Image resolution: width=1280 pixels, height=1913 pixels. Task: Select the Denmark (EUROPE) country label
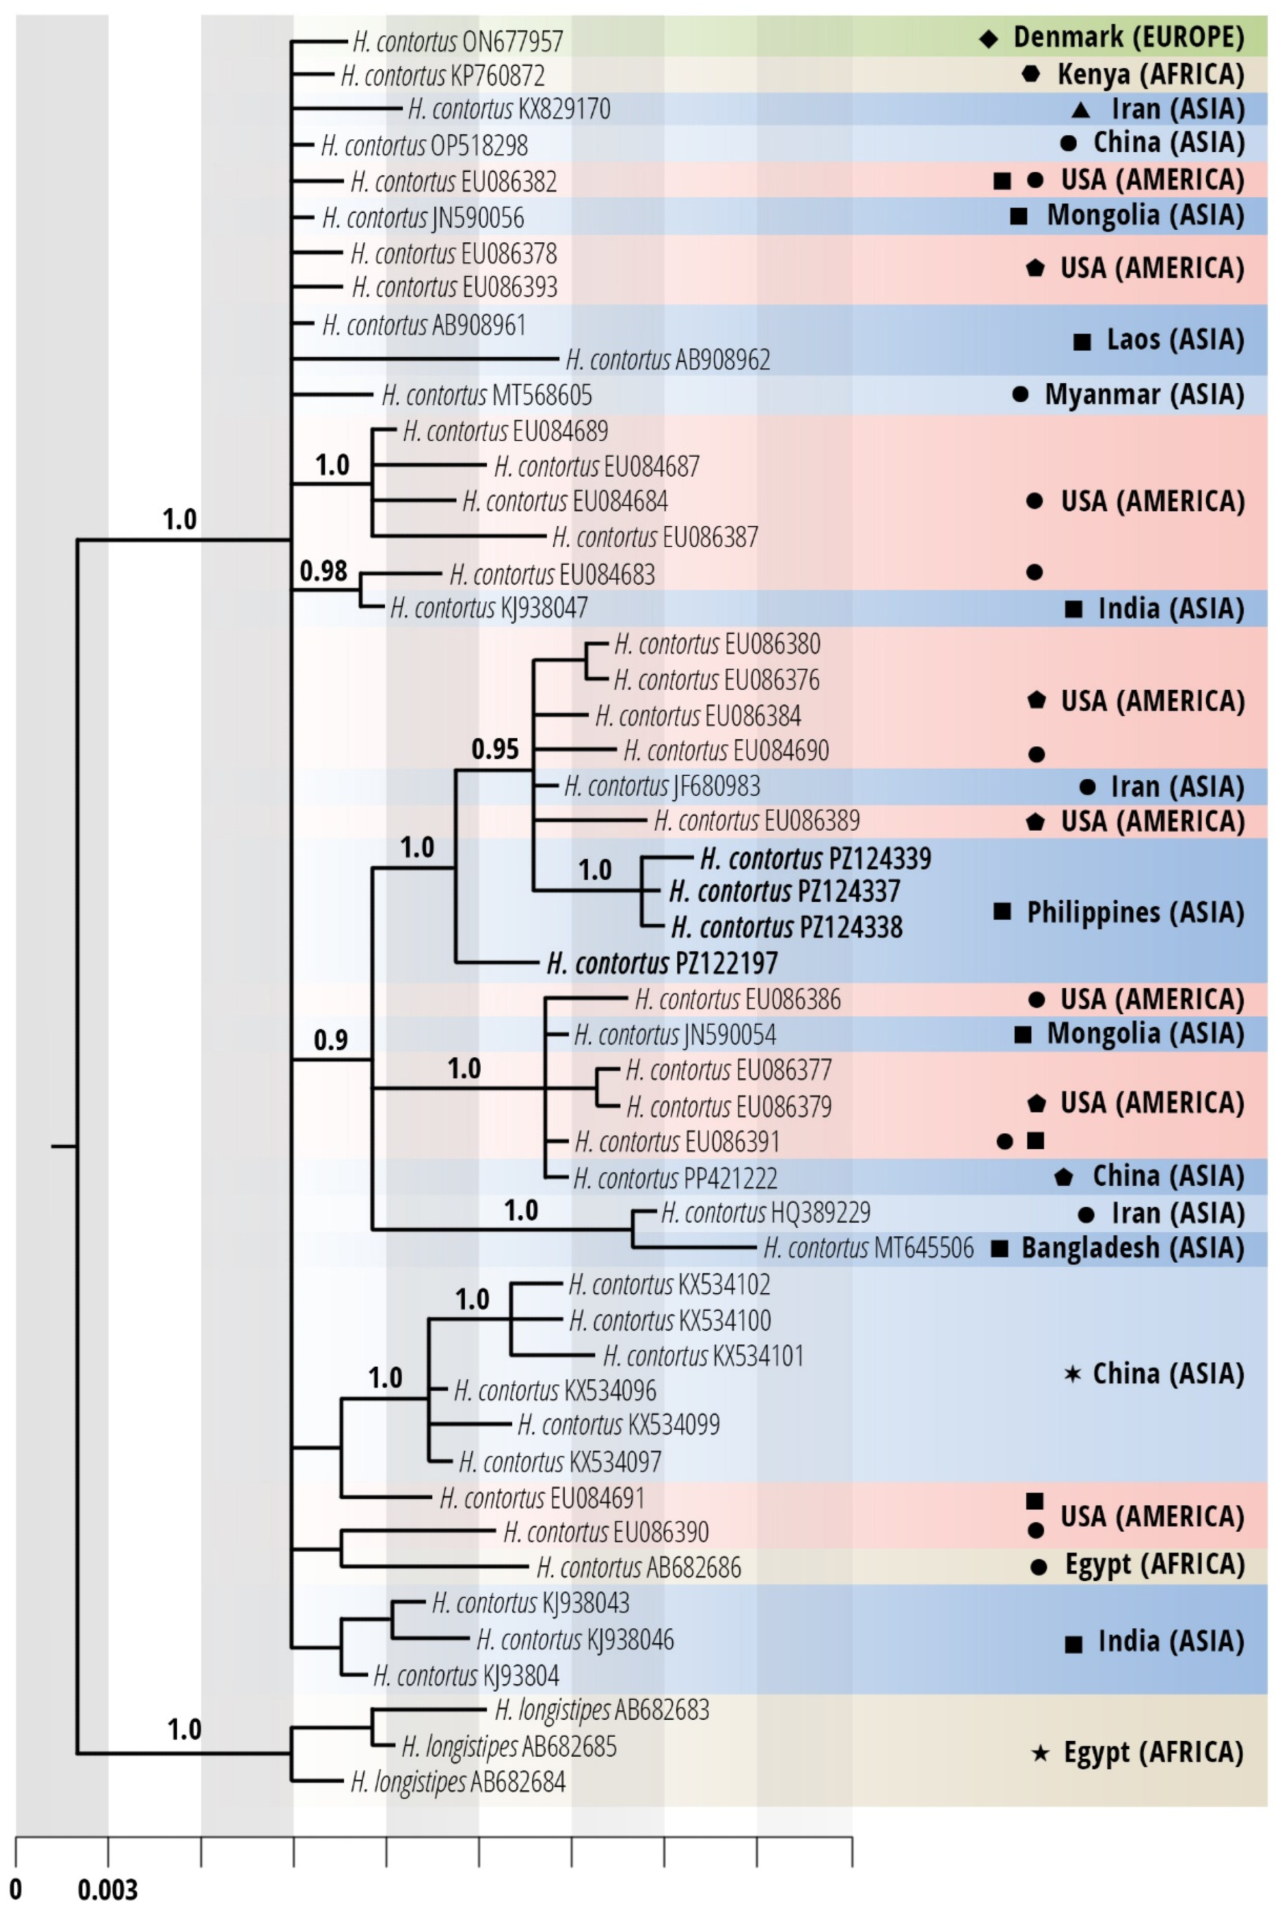pyautogui.click(x=1129, y=37)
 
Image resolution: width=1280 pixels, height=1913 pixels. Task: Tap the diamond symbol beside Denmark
pyautogui.click(x=988, y=38)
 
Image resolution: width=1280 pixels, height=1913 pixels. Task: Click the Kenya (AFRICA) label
pyautogui.click(x=1151, y=74)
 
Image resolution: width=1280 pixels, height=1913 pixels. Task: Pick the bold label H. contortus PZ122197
pyautogui.click(x=662, y=964)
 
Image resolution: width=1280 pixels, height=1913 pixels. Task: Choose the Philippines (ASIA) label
pyautogui.click(x=1136, y=912)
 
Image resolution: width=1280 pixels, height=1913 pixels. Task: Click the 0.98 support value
pyautogui.click(x=323, y=571)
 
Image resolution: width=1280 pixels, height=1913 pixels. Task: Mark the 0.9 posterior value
pyautogui.click(x=331, y=1040)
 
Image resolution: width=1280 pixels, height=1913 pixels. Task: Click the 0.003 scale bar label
pyautogui.click(x=108, y=1889)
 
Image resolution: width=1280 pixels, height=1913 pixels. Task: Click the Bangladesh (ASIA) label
pyautogui.click(x=1133, y=1248)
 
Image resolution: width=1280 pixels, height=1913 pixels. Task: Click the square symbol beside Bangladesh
pyautogui.click(x=1000, y=1248)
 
